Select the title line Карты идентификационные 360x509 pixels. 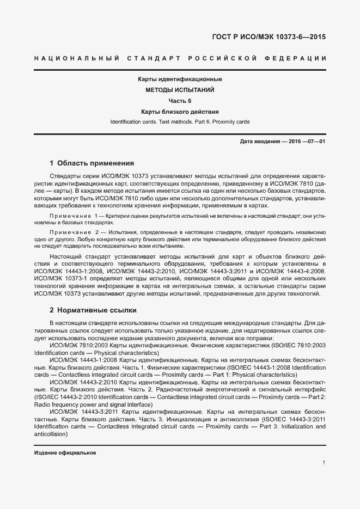pyautogui.click(x=180, y=79)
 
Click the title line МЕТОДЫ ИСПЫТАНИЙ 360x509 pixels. pyautogui.click(x=180, y=90)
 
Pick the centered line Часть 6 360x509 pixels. pyautogui.click(x=180, y=101)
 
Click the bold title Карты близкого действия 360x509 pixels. pyautogui.click(x=180, y=111)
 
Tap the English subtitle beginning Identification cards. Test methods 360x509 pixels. pyautogui.click(x=180, y=121)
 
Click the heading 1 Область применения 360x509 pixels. pyautogui.click(x=91, y=163)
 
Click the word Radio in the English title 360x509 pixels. pyautogui.click(x=41, y=405)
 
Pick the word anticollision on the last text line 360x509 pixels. pyautogui.click(x=50, y=434)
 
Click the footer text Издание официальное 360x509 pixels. pyautogui.click(x=65, y=453)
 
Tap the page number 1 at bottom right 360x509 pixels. pyautogui.click(x=324, y=463)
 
